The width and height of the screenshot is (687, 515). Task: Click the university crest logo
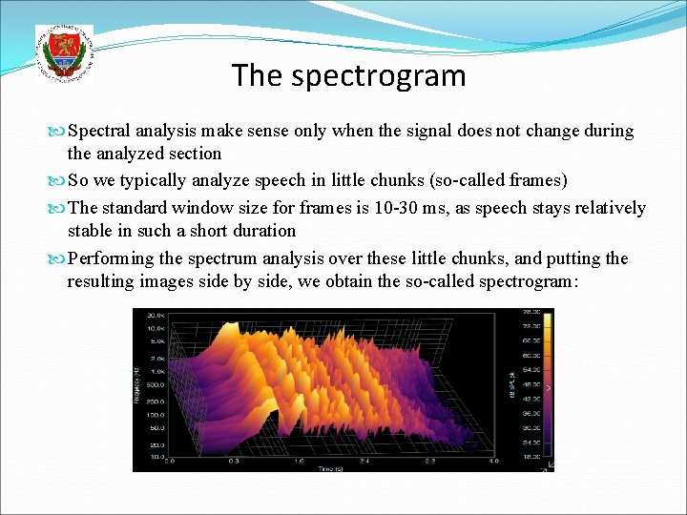[x=64, y=52]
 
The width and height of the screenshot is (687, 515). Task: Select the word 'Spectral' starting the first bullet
[x=100, y=131]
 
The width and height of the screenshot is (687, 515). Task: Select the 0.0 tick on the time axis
[x=170, y=461]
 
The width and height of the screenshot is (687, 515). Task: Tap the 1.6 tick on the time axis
[x=300, y=461]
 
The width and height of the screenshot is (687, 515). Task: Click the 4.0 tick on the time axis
[x=493, y=461]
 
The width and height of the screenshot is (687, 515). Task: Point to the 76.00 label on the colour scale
[x=531, y=311]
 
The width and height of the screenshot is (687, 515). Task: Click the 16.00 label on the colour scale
[x=531, y=457]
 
